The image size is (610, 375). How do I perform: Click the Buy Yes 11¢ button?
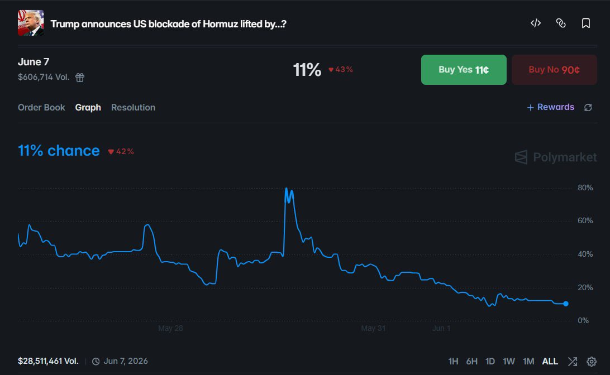pos(464,70)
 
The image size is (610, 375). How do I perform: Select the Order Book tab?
pos(42,108)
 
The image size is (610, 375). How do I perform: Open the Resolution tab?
pos(133,108)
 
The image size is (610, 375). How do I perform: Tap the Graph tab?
pos(88,108)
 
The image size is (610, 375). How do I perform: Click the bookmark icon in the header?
pos(586,23)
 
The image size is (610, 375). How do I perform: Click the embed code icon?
pos(536,23)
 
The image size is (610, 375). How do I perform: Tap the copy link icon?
pos(561,23)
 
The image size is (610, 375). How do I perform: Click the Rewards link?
pos(550,107)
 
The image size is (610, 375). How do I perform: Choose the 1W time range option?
pos(508,362)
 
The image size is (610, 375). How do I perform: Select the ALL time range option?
pos(550,362)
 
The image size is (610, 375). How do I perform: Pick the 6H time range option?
pos(471,362)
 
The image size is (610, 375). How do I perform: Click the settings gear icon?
pos(592,362)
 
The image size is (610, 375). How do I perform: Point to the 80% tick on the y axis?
pos(585,187)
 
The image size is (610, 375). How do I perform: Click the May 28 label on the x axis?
pos(170,328)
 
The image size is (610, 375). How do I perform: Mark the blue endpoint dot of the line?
pos(566,304)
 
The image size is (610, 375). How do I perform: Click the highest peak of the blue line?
pos(287,189)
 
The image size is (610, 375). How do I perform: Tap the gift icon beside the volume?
pos(80,78)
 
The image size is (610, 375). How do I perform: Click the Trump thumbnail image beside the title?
pos(31,23)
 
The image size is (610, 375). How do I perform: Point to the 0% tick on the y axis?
pos(583,321)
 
